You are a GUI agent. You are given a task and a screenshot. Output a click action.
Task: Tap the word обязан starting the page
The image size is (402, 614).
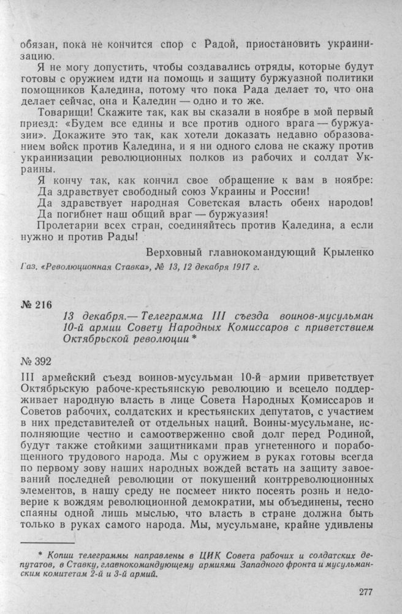(x=37, y=48)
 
